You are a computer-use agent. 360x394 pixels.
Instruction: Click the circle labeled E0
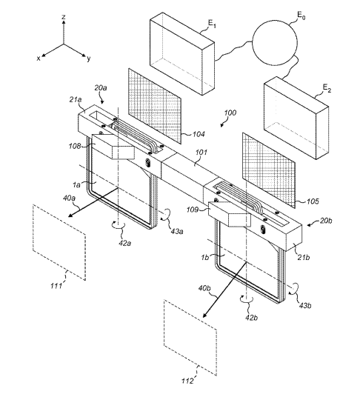coord(275,43)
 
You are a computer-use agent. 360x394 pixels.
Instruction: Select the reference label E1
coord(212,24)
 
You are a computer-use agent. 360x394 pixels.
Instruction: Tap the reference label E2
coord(327,88)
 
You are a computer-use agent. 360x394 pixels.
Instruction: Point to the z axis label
coord(64,17)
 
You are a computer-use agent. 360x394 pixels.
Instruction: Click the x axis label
coord(39,59)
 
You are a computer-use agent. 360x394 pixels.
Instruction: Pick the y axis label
coord(88,59)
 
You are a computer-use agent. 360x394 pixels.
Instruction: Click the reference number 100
coord(230,113)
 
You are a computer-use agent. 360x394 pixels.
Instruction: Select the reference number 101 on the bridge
coord(201,153)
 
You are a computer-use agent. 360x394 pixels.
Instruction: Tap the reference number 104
coord(199,134)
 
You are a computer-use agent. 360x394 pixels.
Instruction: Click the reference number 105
coord(313,201)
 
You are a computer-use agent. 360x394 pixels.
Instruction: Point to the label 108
coord(75,146)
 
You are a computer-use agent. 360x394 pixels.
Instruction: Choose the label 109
coord(193,210)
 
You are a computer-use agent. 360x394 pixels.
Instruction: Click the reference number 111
coord(56,286)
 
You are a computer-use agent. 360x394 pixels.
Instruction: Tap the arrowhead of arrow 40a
coord(70,215)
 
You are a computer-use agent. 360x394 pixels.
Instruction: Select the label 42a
coord(125,243)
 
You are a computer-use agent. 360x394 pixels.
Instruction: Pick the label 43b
coord(305,305)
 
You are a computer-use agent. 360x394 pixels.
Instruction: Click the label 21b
coord(303,257)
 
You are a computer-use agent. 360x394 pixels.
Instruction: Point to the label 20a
coord(101,87)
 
